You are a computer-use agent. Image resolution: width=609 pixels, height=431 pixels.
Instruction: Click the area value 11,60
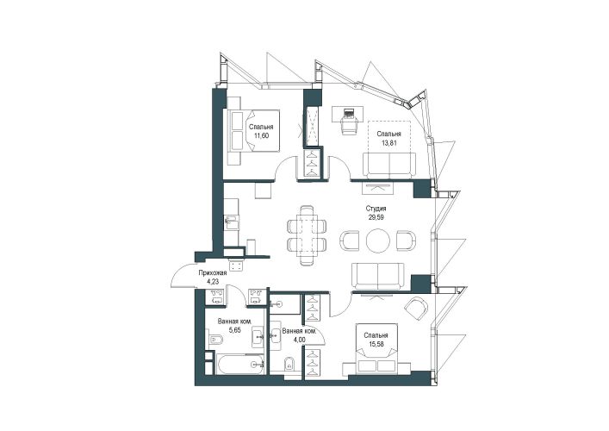[x=261, y=135]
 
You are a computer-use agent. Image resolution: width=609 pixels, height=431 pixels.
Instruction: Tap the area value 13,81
[x=388, y=142]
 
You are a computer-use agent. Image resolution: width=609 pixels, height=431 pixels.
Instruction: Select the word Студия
[x=376, y=209]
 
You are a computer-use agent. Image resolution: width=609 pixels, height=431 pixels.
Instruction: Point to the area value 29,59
[x=376, y=217]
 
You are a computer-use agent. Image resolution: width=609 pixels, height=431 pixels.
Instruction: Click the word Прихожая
[x=213, y=273]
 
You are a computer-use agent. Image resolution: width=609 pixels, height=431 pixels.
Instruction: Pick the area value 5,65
[x=234, y=330]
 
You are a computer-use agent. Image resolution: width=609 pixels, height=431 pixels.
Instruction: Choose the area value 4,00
[x=299, y=340]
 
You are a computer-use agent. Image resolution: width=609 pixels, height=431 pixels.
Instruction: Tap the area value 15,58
[x=376, y=344]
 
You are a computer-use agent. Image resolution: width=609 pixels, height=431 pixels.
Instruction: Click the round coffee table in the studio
[x=377, y=240]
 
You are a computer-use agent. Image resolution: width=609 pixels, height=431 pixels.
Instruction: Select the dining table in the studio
[x=307, y=234]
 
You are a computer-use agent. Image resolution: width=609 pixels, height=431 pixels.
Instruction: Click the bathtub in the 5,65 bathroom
[x=239, y=364]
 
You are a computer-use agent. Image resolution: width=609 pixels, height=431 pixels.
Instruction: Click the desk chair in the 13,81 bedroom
[x=348, y=125]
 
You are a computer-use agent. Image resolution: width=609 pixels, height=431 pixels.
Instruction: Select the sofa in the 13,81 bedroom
[x=389, y=166]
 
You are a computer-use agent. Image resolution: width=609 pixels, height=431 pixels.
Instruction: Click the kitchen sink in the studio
[x=232, y=222]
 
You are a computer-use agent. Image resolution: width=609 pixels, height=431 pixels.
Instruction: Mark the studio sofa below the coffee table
[x=378, y=277]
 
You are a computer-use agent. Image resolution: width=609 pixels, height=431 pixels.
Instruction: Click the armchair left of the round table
[x=349, y=240]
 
